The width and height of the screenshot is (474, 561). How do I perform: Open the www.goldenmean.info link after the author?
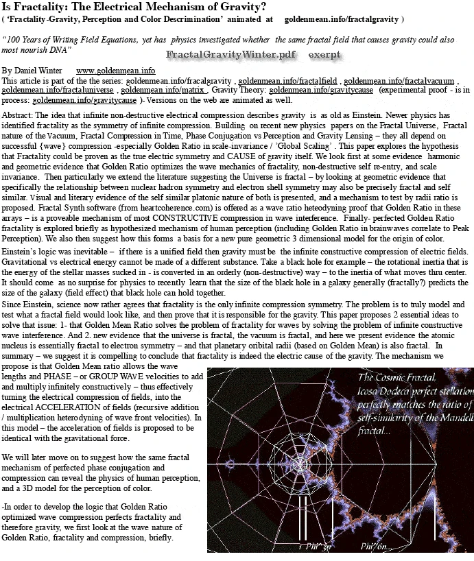click(x=115, y=71)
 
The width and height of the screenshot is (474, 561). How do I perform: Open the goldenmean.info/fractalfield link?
click(x=288, y=80)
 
